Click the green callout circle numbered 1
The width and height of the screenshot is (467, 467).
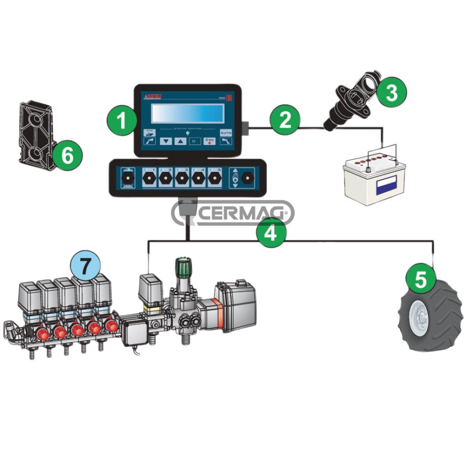coord(122,120)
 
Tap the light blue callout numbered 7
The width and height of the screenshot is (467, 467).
coord(85,266)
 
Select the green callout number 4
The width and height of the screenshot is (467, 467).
coord(270,232)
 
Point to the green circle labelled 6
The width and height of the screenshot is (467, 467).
coord(68,156)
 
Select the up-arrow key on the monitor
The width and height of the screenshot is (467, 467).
coord(180,140)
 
